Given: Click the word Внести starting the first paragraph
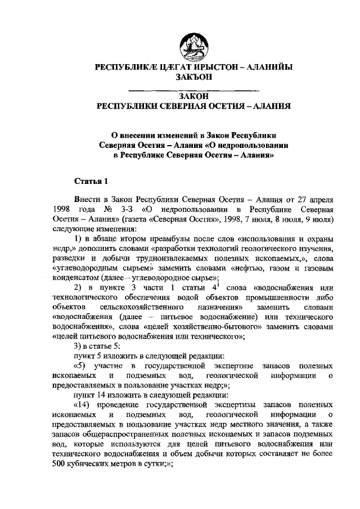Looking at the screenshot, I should click(88, 200).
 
